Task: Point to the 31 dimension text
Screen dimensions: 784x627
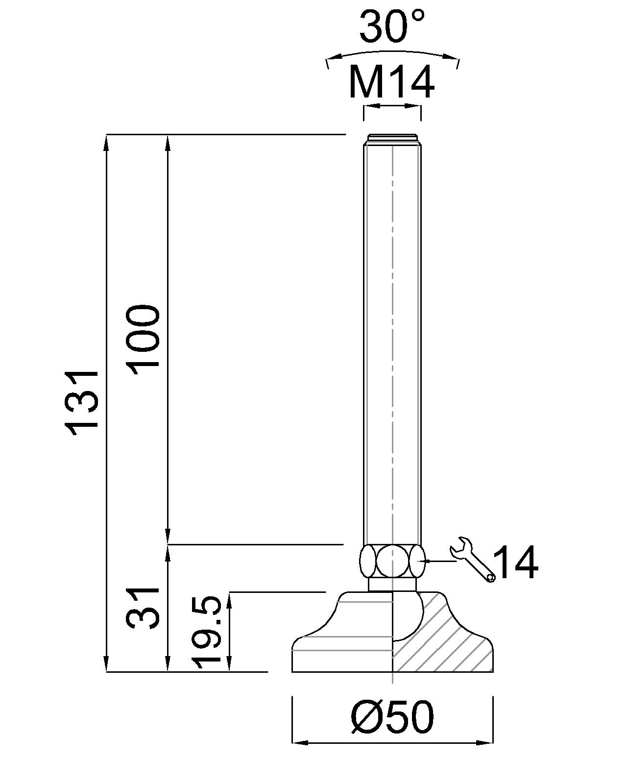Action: tap(144, 608)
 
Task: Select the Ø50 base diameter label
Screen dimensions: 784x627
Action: tap(392, 717)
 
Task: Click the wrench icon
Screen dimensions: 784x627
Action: tap(472, 559)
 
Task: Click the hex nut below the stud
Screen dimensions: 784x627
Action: tap(392, 561)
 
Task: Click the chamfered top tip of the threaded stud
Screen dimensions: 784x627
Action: tap(392, 138)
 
